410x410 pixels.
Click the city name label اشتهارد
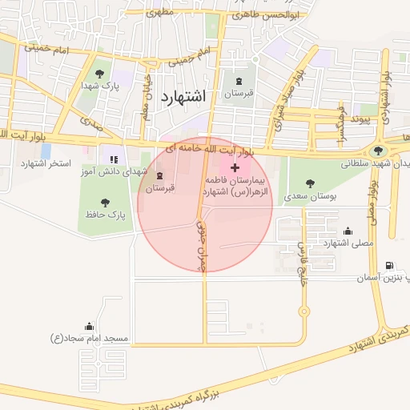click(x=183, y=96)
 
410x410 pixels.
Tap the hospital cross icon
click(x=234, y=167)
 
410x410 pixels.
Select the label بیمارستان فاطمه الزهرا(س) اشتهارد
click(x=239, y=187)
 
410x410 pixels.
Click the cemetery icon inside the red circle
click(x=159, y=175)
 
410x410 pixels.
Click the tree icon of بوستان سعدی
click(x=310, y=180)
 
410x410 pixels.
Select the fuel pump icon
click(x=389, y=265)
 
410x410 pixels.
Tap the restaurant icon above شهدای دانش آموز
click(x=113, y=159)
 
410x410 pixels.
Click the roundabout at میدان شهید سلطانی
click(x=378, y=151)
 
